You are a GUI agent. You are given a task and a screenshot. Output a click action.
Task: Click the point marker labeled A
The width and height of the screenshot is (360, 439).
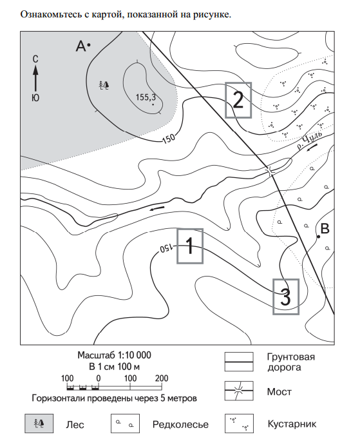(89, 44)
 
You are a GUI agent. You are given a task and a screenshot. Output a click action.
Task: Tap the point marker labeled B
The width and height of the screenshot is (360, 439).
(318, 237)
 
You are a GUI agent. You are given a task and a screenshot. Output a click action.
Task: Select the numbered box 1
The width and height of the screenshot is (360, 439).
(190, 246)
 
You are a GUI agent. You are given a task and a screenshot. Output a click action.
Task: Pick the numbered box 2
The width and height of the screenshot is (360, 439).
(238, 100)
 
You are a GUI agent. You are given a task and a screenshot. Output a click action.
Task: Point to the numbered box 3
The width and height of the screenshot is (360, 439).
(286, 297)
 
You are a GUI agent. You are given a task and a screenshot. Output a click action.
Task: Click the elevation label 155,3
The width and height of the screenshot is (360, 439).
(146, 97)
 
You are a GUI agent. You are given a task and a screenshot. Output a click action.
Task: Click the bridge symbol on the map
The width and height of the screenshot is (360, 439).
(270, 171)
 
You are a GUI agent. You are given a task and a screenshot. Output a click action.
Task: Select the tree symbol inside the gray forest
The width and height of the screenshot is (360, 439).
(104, 85)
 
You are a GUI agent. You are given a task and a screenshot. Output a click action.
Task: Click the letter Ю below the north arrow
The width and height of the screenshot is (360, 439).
(35, 98)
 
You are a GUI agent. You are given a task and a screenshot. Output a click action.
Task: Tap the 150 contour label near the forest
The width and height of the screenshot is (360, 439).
(169, 138)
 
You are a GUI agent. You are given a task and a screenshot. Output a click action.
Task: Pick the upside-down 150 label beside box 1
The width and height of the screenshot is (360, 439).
(166, 248)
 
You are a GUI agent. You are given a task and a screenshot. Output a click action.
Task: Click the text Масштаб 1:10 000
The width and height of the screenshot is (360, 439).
(114, 355)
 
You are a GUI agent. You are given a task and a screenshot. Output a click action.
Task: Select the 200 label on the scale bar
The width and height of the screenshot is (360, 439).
(162, 378)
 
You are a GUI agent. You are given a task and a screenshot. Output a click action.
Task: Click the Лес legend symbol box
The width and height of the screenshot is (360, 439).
(39, 424)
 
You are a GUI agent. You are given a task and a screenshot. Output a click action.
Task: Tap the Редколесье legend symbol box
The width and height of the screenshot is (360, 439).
(125, 424)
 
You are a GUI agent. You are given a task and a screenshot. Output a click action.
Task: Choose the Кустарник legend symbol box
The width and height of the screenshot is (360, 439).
(239, 424)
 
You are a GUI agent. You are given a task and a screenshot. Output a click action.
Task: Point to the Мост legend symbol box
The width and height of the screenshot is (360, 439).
(239, 391)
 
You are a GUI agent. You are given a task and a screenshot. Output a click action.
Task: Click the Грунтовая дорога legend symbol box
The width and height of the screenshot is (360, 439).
(239, 362)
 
